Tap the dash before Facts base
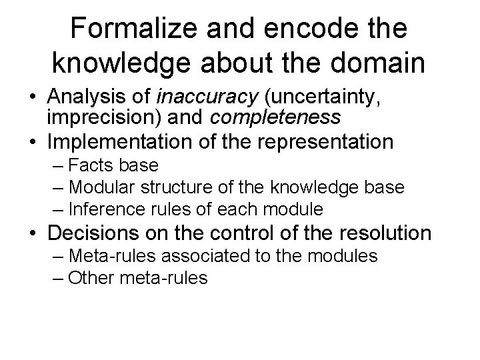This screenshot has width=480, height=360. (x=57, y=165)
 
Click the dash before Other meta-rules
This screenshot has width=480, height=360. (x=57, y=278)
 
